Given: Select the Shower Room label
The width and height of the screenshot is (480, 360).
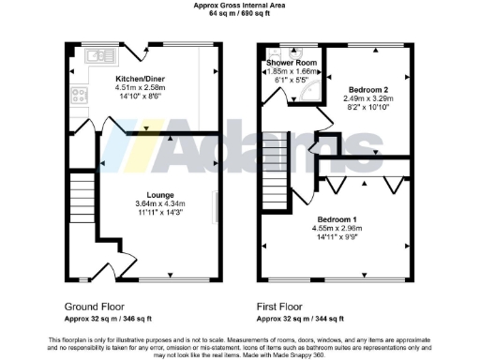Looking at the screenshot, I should [x=292, y=63].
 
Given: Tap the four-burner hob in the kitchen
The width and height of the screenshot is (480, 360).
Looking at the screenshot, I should [x=76, y=97].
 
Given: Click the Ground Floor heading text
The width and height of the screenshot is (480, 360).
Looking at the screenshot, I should [x=94, y=306].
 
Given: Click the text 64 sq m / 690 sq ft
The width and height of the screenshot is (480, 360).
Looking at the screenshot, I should [x=240, y=14].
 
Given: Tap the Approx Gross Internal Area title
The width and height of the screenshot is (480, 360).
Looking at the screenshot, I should [x=240, y=6].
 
